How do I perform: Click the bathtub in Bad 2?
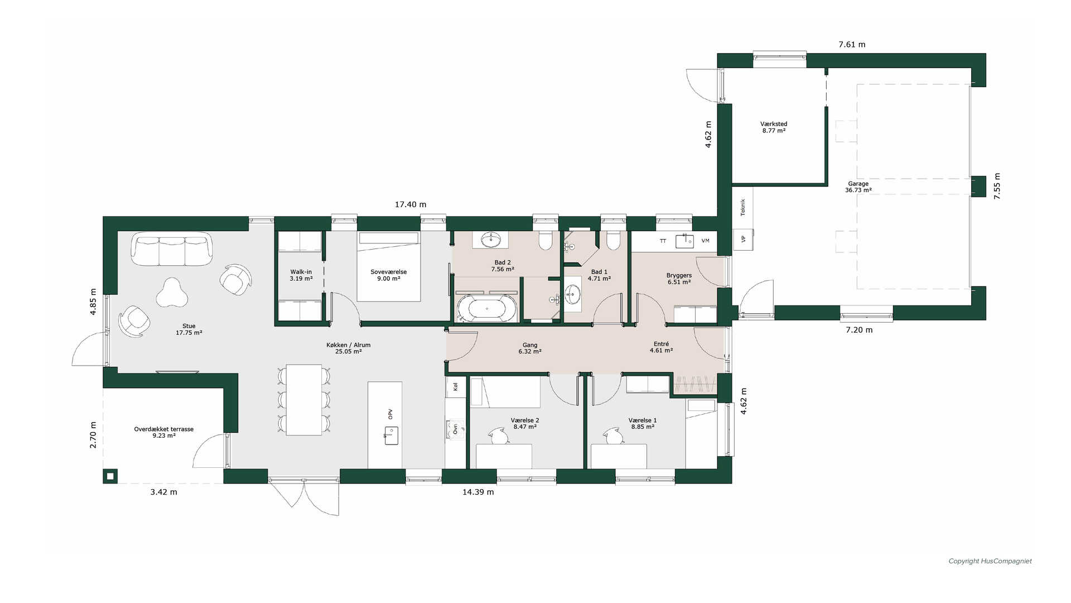[487, 308]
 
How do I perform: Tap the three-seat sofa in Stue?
[172, 250]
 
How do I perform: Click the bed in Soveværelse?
[388, 267]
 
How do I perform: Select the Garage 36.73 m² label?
[858, 187]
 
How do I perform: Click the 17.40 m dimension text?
[411, 205]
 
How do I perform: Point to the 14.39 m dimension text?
[478, 492]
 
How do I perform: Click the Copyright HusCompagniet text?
[990, 561]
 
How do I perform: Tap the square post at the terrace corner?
[110, 476]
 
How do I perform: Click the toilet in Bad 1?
[613, 241]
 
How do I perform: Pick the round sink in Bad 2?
[491, 240]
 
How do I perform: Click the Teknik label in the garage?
[743, 207]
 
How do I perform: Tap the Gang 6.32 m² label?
[530, 348]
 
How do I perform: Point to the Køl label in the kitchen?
[456, 386]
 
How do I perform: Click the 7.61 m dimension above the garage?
[852, 45]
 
